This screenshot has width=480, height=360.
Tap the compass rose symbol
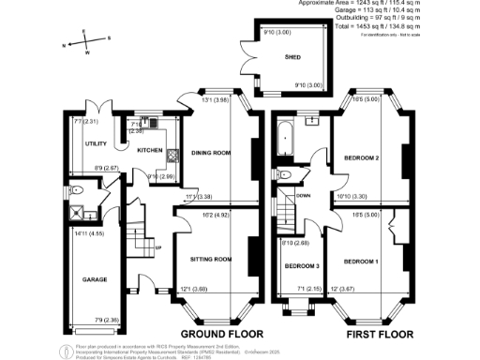coord(82,41)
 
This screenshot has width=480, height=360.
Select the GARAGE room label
coord(95,279)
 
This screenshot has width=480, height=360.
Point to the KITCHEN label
coord(151,151)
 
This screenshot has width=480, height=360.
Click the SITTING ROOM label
coord(211,258)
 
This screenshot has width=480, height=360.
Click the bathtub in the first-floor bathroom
coord(284,141)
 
